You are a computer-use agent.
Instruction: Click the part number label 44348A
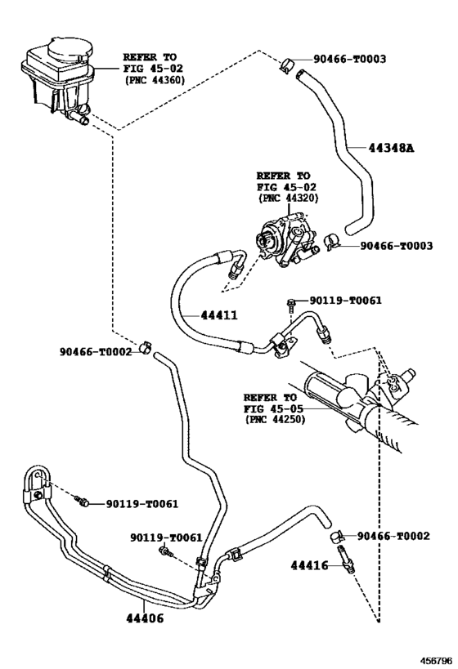pyautogui.click(x=391, y=148)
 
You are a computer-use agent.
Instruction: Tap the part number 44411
pyautogui.click(x=219, y=315)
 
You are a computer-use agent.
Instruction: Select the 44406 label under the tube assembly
pyautogui.click(x=145, y=618)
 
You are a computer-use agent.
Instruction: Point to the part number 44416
pyautogui.click(x=310, y=565)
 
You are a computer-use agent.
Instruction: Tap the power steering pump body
pyautogui.click(x=285, y=240)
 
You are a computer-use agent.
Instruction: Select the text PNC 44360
pyautogui.click(x=155, y=80)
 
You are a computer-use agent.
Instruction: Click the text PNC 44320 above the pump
pyautogui.click(x=289, y=198)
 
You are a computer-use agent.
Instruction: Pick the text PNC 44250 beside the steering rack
pyautogui.click(x=276, y=419)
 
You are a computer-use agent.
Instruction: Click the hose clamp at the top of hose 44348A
pyautogui.click(x=287, y=65)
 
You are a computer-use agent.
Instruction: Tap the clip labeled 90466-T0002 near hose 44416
pyautogui.click(x=337, y=537)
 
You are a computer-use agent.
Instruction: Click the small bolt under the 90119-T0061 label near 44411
pyautogui.click(x=291, y=304)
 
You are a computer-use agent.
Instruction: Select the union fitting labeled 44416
pyautogui.click(x=346, y=560)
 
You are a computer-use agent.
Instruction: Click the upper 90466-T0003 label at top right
pyautogui.click(x=349, y=59)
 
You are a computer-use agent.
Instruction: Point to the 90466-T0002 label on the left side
pyautogui.click(x=96, y=351)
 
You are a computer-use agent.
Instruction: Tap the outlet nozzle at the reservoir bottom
pyautogui.click(x=80, y=116)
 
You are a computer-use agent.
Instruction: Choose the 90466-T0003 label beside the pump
pyautogui.click(x=396, y=246)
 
